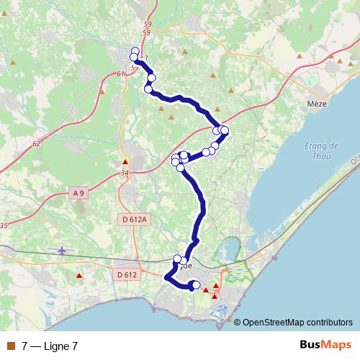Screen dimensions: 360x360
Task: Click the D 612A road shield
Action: [133, 220]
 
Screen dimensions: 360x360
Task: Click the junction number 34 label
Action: [125, 173]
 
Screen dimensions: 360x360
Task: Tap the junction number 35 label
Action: [4, 226]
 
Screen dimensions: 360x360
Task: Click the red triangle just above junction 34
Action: [125, 162]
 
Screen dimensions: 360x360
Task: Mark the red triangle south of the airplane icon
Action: [80, 275]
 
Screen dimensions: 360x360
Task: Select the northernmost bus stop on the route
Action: [135, 50]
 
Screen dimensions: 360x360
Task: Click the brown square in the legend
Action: [10, 346]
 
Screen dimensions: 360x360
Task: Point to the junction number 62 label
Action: [37, 144]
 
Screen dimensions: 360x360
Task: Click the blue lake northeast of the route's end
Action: [232, 249]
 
